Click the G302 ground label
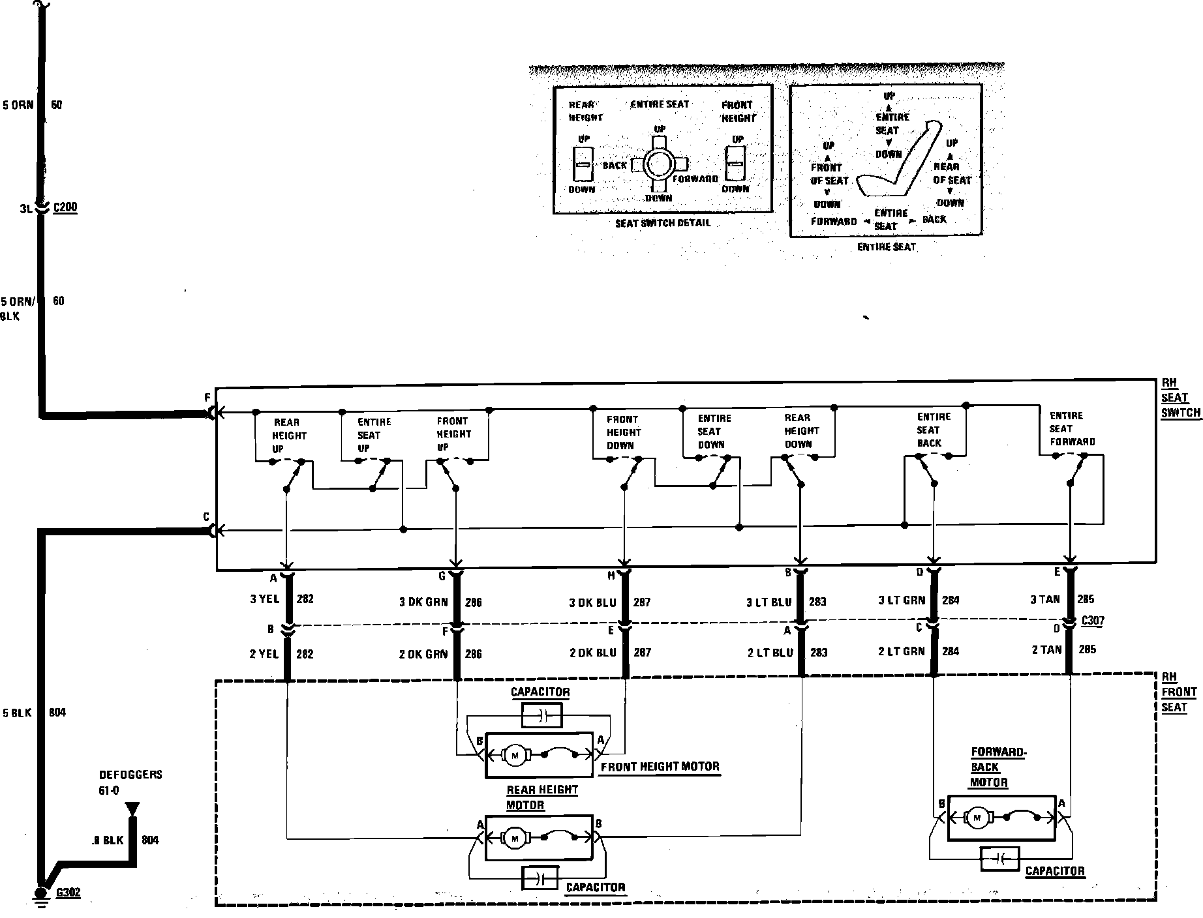(68, 893)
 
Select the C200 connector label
(65, 208)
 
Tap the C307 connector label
(1092, 620)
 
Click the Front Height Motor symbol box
(540, 755)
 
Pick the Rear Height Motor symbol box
(538, 837)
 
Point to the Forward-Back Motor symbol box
(1001, 818)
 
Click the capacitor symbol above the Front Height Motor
(541, 717)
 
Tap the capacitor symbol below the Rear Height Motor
(539, 878)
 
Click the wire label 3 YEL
(264, 599)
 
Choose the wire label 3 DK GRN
(423, 602)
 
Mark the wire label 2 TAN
(1046, 649)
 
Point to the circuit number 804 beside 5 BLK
(57, 713)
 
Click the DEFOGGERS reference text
(130, 775)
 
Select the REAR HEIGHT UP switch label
(287, 436)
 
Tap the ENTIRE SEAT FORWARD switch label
(1072, 428)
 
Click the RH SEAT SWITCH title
(1180, 398)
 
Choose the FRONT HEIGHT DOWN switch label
(622, 432)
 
